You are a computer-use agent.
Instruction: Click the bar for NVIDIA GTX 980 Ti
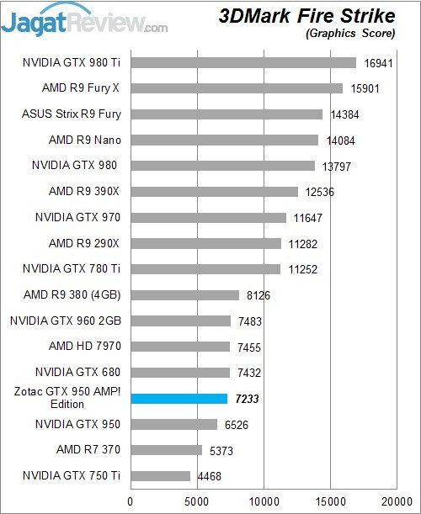(243, 62)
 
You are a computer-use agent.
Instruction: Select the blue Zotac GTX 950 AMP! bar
(179, 398)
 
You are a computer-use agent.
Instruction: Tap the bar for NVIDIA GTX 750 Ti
(160, 476)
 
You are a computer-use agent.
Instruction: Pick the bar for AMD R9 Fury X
(237, 87)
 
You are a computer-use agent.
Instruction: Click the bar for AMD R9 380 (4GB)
(185, 294)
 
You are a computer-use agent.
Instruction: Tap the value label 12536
(320, 192)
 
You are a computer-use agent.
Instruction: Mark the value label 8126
(258, 295)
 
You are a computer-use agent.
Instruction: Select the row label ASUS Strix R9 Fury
(72, 114)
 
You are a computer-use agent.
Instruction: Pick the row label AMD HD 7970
(84, 346)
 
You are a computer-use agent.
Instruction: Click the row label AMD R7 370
(88, 449)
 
